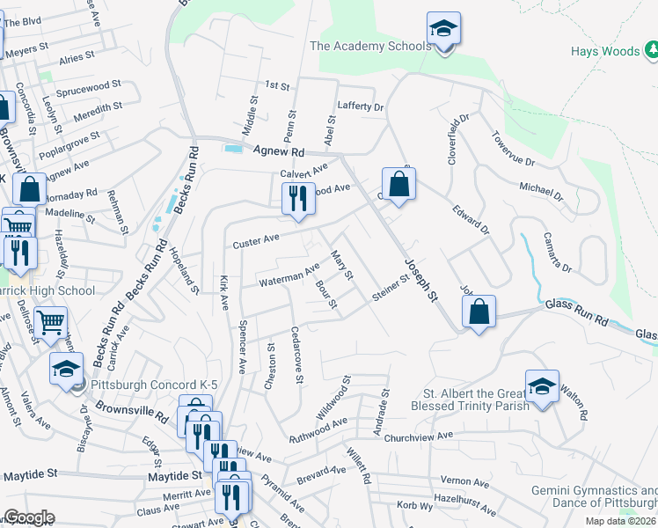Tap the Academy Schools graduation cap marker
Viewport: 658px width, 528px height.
click(x=444, y=29)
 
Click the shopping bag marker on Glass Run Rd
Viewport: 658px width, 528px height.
click(x=478, y=312)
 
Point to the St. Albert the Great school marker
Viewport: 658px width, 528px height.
click(x=542, y=386)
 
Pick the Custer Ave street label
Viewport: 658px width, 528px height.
click(x=255, y=239)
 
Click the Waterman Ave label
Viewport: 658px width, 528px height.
click(x=289, y=276)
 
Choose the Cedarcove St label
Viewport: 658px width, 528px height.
click(x=297, y=356)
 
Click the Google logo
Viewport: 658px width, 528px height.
click(x=29, y=517)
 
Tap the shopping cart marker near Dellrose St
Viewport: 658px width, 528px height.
click(x=50, y=323)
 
